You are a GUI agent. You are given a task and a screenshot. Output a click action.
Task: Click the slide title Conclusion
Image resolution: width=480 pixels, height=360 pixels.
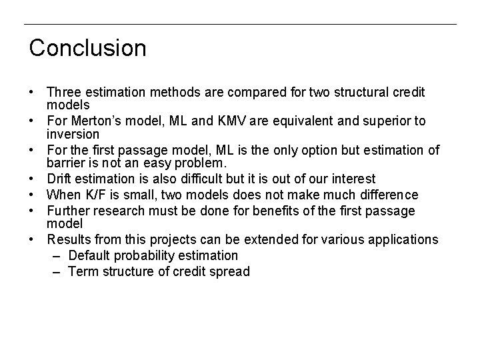(x=87, y=48)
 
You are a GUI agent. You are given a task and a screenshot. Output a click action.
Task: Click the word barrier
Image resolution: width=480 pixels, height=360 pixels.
(x=64, y=163)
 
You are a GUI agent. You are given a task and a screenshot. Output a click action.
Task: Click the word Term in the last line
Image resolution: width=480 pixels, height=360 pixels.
(x=81, y=271)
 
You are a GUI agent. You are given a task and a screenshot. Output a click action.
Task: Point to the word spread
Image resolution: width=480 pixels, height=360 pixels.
(x=231, y=271)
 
